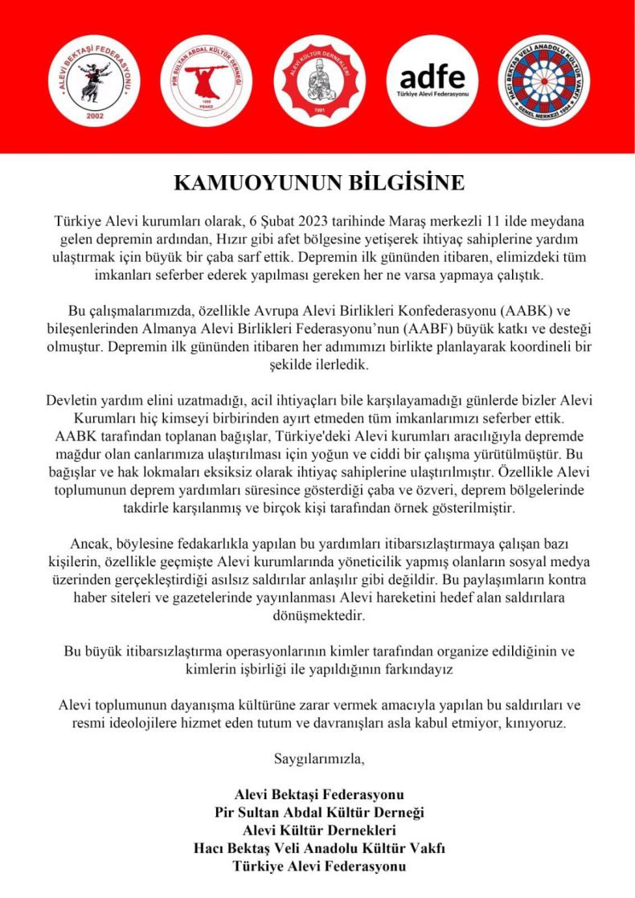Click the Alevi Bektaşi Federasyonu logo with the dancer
click(89, 80)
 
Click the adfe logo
click(432, 80)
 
